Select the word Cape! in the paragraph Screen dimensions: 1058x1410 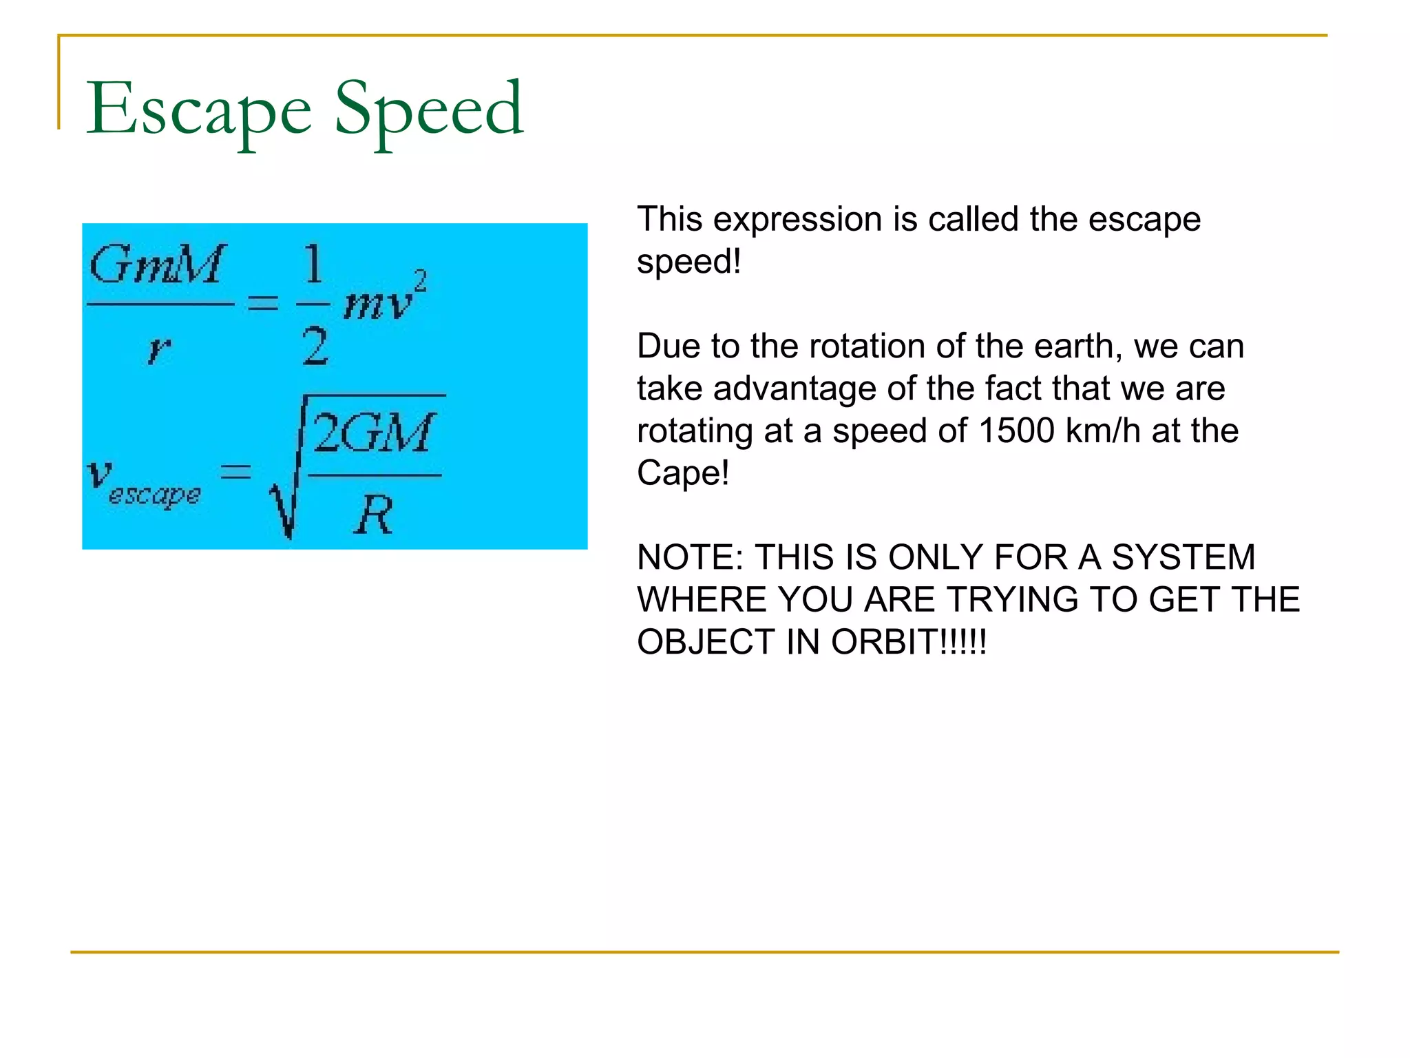click(682, 473)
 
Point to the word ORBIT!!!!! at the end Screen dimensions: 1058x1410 click(909, 642)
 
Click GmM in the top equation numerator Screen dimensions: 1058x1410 click(157, 264)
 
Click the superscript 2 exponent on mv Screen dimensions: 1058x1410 click(420, 281)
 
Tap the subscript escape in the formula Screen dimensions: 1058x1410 click(155, 495)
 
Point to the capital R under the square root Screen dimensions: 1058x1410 click(375, 515)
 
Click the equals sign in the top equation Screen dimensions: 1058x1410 click(263, 302)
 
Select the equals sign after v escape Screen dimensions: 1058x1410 click(235, 472)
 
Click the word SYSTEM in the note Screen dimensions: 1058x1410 click(1183, 557)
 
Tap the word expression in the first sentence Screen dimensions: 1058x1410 click(798, 220)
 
